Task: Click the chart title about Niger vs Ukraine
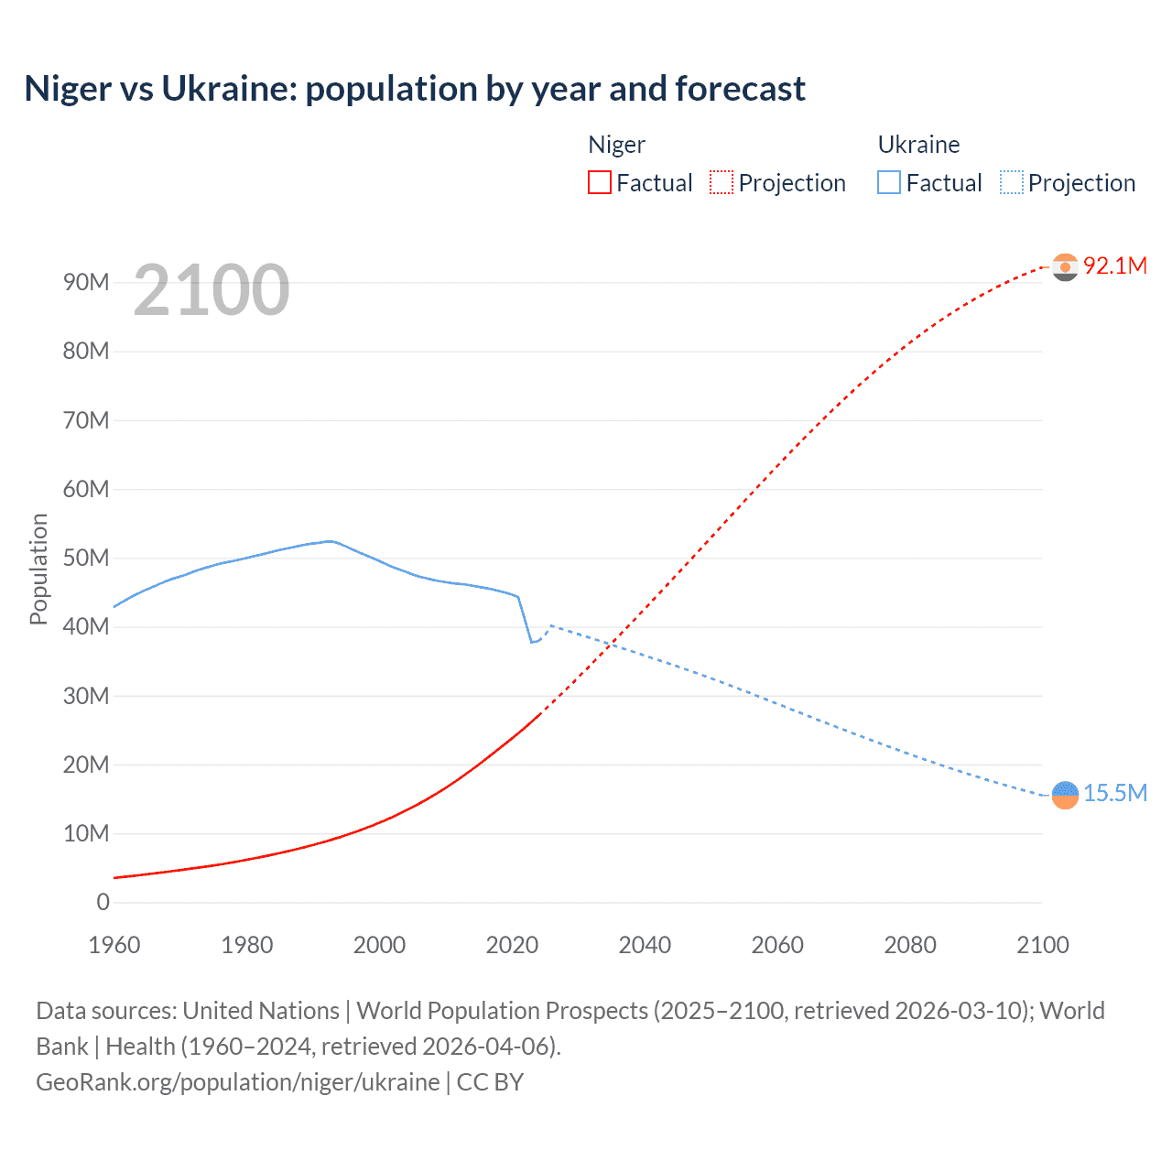pyautogui.click(x=415, y=89)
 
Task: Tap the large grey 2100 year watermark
pyautogui.click(x=212, y=290)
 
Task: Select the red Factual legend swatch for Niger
pyautogui.click(x=599, y=182)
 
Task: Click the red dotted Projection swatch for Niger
pyautogui.click(x=722, y=182)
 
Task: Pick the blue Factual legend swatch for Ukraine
pyautogui.click(x=888, y=182)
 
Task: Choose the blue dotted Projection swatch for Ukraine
pyautogui.click(x=1011, y=182)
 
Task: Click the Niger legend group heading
pyautogui.click(x=616, y=145)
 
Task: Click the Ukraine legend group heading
pyautogui.click(x=918, y=145)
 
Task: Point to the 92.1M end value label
pyautogui.click(x=1114, y=266)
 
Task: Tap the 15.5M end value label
pyautogui.click(x=1114, y=793)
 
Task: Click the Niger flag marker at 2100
pyautogui.click(x=1065, y=266)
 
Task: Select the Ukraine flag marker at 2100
pyautogui.click(x=1065, y=795)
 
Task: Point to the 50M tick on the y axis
pyautogui.click(x=86, y=558)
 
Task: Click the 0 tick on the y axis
pyautogui.click(x=103, y=902)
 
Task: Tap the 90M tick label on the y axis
pyautogui.click(x=86, y=282)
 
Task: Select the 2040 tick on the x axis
pyautogui.click(x=645, y=945)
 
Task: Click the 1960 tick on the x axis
pyautogui.click(x=114, y=945)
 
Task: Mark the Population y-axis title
pyautogui.click(x=38, y=569)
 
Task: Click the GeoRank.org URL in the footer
pyautogui.click(x=238, y=1082)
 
